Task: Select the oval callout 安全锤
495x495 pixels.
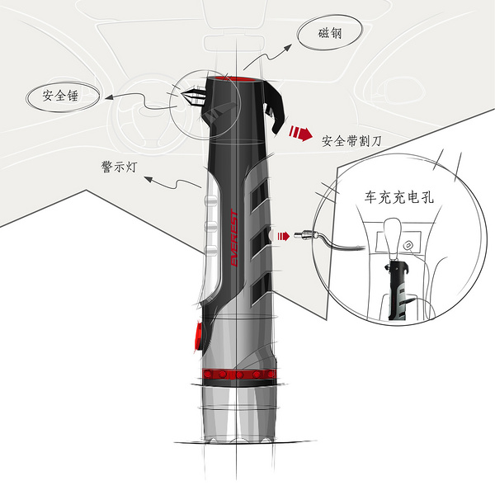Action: point(65,97)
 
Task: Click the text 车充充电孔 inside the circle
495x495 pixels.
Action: point(398,198)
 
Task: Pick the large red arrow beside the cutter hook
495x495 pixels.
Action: point(300,131)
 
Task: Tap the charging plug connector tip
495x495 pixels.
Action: point(306,235)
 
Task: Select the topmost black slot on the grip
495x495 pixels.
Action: point(259,195)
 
